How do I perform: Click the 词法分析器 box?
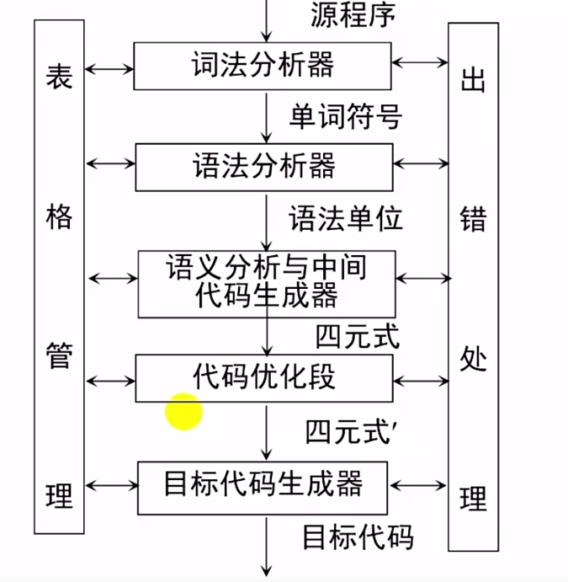(x=263, y=66)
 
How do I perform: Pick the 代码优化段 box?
(x=263, y=376)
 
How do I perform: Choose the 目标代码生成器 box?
(x=263, y=486)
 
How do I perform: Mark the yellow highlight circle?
(x=183, y=412)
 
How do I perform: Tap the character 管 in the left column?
(x=59, y=356)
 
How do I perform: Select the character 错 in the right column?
(x=473, y=219)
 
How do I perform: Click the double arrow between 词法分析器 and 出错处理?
(x=420, y=61)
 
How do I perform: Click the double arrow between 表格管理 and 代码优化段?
(x=110, y=381)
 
